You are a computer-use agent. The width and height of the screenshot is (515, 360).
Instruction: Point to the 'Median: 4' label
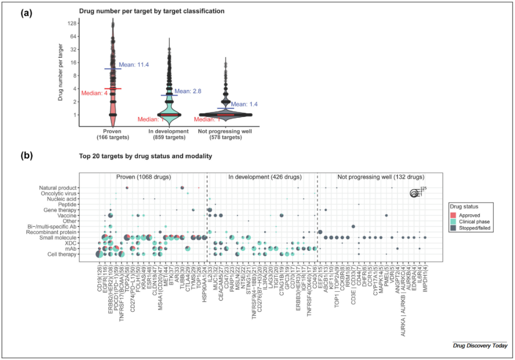tap(94, 93)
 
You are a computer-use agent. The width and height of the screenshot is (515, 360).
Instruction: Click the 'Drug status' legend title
tap(464, 206)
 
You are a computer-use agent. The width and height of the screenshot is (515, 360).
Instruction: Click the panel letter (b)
tap(26, 155)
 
